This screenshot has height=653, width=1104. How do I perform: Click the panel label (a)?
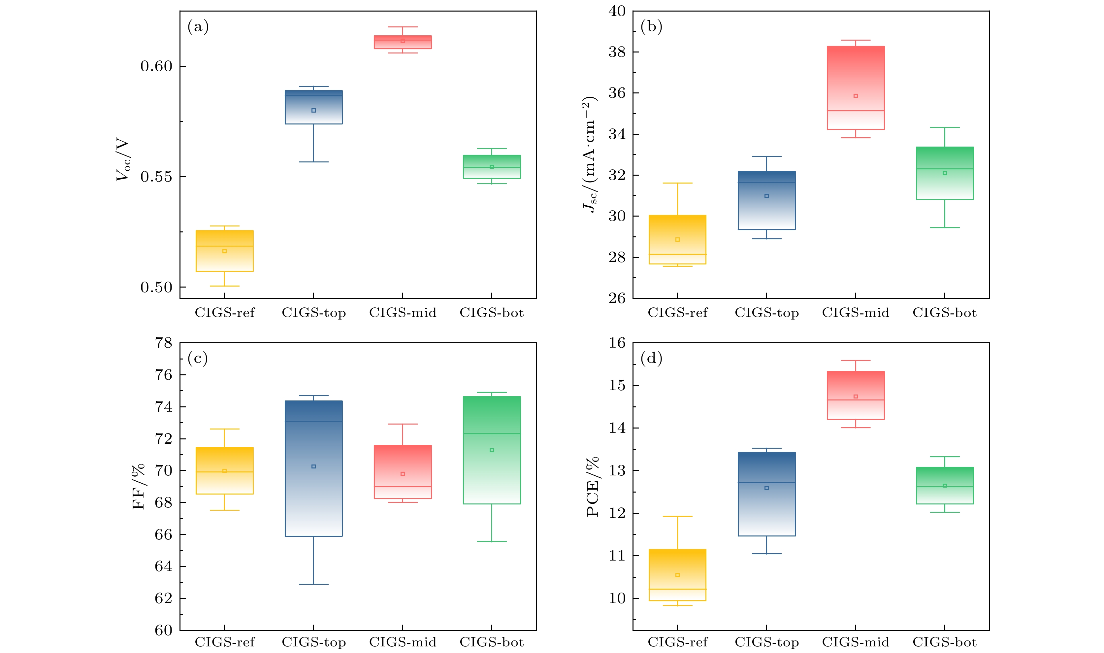tap(198, 27)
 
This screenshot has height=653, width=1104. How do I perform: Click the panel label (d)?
tap(651, 358)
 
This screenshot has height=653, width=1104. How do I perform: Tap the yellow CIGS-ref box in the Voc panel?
tap(224, 251)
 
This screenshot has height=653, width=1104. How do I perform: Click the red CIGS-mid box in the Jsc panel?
tap(855, 88)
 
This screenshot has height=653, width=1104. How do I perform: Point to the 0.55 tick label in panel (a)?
tap(156, 177)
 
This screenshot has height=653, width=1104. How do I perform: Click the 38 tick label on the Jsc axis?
tap(617, 52)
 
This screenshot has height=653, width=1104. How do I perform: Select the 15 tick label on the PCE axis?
tap(617, 386)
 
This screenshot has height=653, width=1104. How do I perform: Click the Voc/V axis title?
tap(123, 159)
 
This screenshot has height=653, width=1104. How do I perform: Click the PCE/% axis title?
tap(592, 486)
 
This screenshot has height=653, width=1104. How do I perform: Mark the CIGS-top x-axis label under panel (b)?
tap(766, 313)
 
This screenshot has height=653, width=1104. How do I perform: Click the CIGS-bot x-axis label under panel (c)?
tap(492, 642)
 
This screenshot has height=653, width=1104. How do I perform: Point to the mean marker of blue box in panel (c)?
tap(313, 466)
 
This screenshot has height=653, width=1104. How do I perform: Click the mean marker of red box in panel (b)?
tap(855, 95)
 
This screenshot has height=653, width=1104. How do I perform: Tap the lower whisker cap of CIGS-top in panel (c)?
tap(313, 584)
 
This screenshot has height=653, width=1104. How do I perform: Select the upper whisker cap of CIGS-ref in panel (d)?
tap(677, 517)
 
